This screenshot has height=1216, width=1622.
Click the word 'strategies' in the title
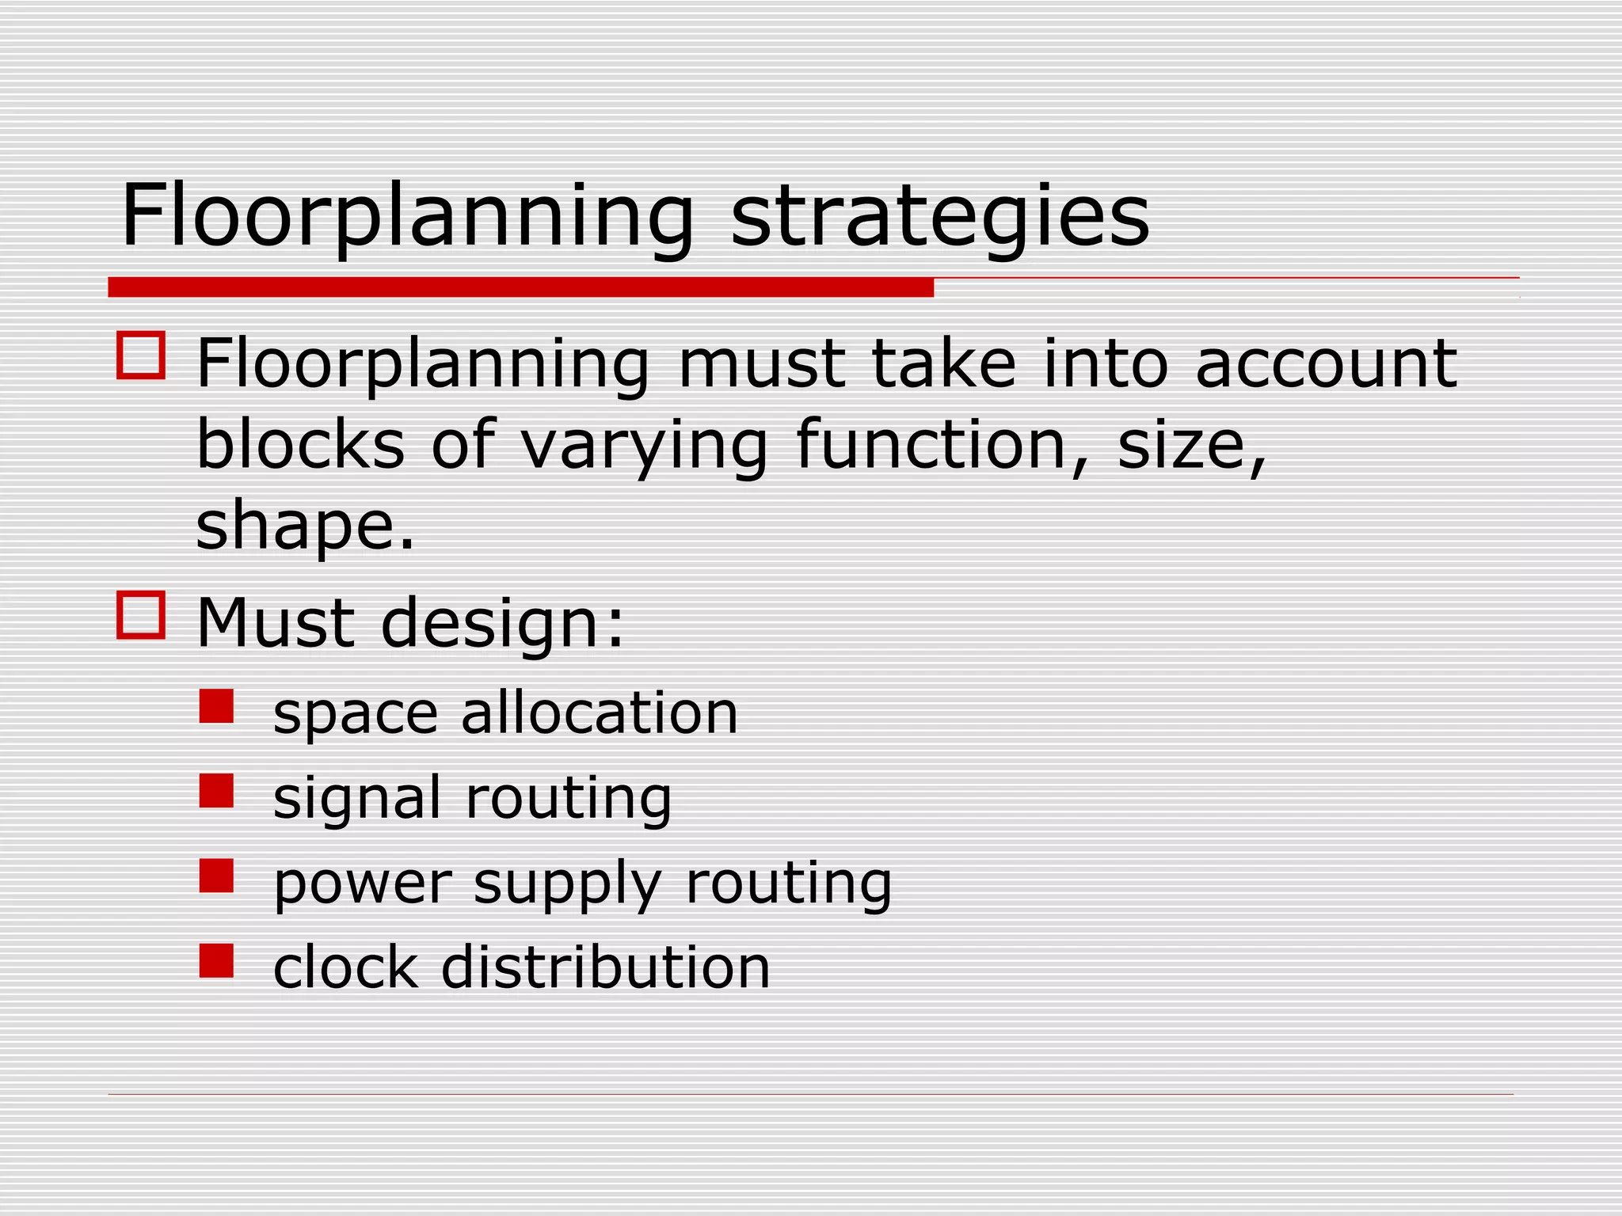[939, 216]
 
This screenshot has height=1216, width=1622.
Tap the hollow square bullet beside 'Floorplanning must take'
[141, 355]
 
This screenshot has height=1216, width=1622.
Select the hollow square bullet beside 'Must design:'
[141, 614]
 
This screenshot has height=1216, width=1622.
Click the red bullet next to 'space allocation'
[216, 706]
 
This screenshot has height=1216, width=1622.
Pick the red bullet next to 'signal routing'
[216, 791]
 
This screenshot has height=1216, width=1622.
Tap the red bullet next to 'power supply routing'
[216, 876]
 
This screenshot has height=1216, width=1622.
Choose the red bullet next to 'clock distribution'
[216, 960]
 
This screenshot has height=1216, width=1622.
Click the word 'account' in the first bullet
[1326, 364]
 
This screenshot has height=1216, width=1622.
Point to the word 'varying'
[644, 446]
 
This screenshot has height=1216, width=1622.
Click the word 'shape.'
[305, 527]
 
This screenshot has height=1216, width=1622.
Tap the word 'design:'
[502, 623]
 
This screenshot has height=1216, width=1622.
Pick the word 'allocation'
[600, 712]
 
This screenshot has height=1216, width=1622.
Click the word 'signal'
[357, 799]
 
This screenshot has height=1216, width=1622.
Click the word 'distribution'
[605, 967]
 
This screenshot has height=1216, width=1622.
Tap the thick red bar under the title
[520, 287]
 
